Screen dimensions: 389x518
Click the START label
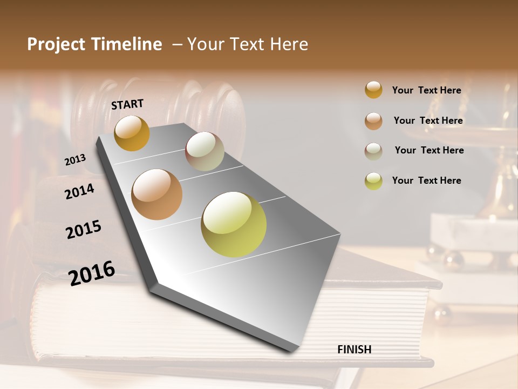127,104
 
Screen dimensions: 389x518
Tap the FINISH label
354,350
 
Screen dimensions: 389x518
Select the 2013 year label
76,160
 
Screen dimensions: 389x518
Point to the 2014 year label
79,191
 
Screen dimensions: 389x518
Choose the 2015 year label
84,229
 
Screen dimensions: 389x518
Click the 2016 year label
92,273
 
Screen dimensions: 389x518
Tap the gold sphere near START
132,133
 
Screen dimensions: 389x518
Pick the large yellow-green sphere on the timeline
234,224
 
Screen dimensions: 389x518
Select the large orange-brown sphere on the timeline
157,194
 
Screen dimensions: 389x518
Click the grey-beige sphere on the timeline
205,151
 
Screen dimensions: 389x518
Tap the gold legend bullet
373,90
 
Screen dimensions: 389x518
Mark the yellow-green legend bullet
373,181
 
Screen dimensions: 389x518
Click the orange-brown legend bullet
373,121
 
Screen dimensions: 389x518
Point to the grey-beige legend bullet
373,151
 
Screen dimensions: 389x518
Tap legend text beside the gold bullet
426,90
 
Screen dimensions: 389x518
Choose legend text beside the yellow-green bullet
426,180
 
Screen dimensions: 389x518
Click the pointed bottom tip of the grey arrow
291,351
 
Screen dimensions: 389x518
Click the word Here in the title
288,44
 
